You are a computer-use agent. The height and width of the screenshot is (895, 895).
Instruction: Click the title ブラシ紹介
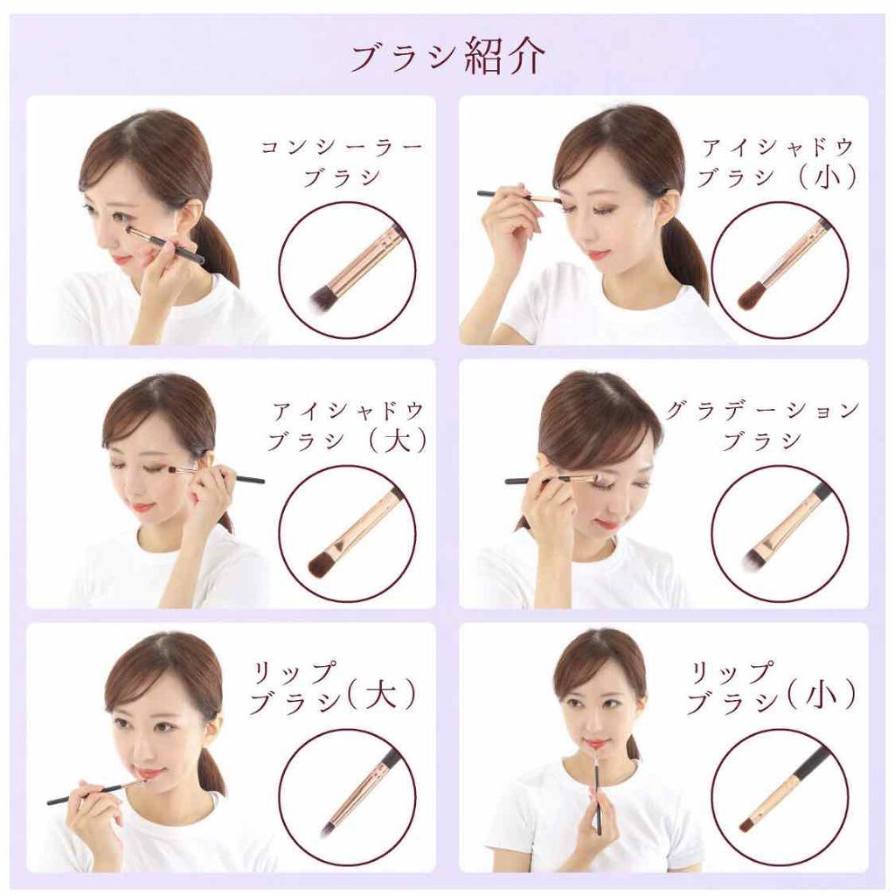tap(448, 57)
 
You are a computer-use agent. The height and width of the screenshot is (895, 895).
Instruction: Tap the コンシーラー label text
tap(342, 148)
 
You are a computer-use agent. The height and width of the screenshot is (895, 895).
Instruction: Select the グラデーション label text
tap(762, 411)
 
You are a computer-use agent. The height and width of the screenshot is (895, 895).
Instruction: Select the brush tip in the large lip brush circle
tap(330, 823)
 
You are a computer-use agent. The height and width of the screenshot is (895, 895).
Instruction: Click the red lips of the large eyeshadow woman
tap(142, 507)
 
